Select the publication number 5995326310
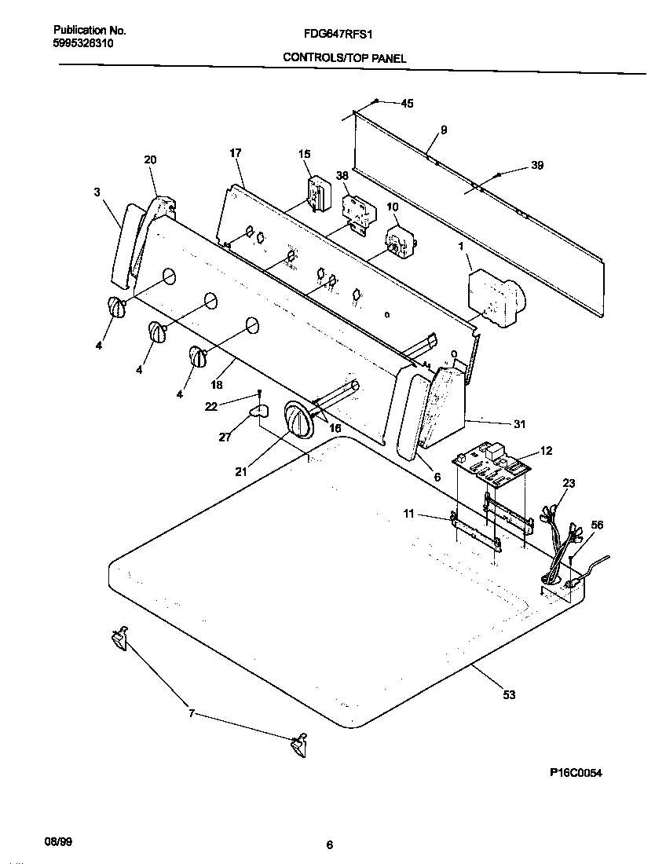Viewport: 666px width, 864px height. click(x=83, y=44)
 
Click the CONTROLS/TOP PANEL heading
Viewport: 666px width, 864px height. click(x=345, y=58)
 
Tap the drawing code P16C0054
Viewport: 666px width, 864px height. click(x=575, y=773)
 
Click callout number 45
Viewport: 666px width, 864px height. click(x=407, y=103)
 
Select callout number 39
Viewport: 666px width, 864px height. click(x=537, y=165)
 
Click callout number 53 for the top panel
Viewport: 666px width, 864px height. click(x=509, y=694)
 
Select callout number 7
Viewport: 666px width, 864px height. click(x=191, y=714)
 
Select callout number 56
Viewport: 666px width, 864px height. click(x=596, y=526)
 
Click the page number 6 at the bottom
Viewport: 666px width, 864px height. click(x=330, y=845)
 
